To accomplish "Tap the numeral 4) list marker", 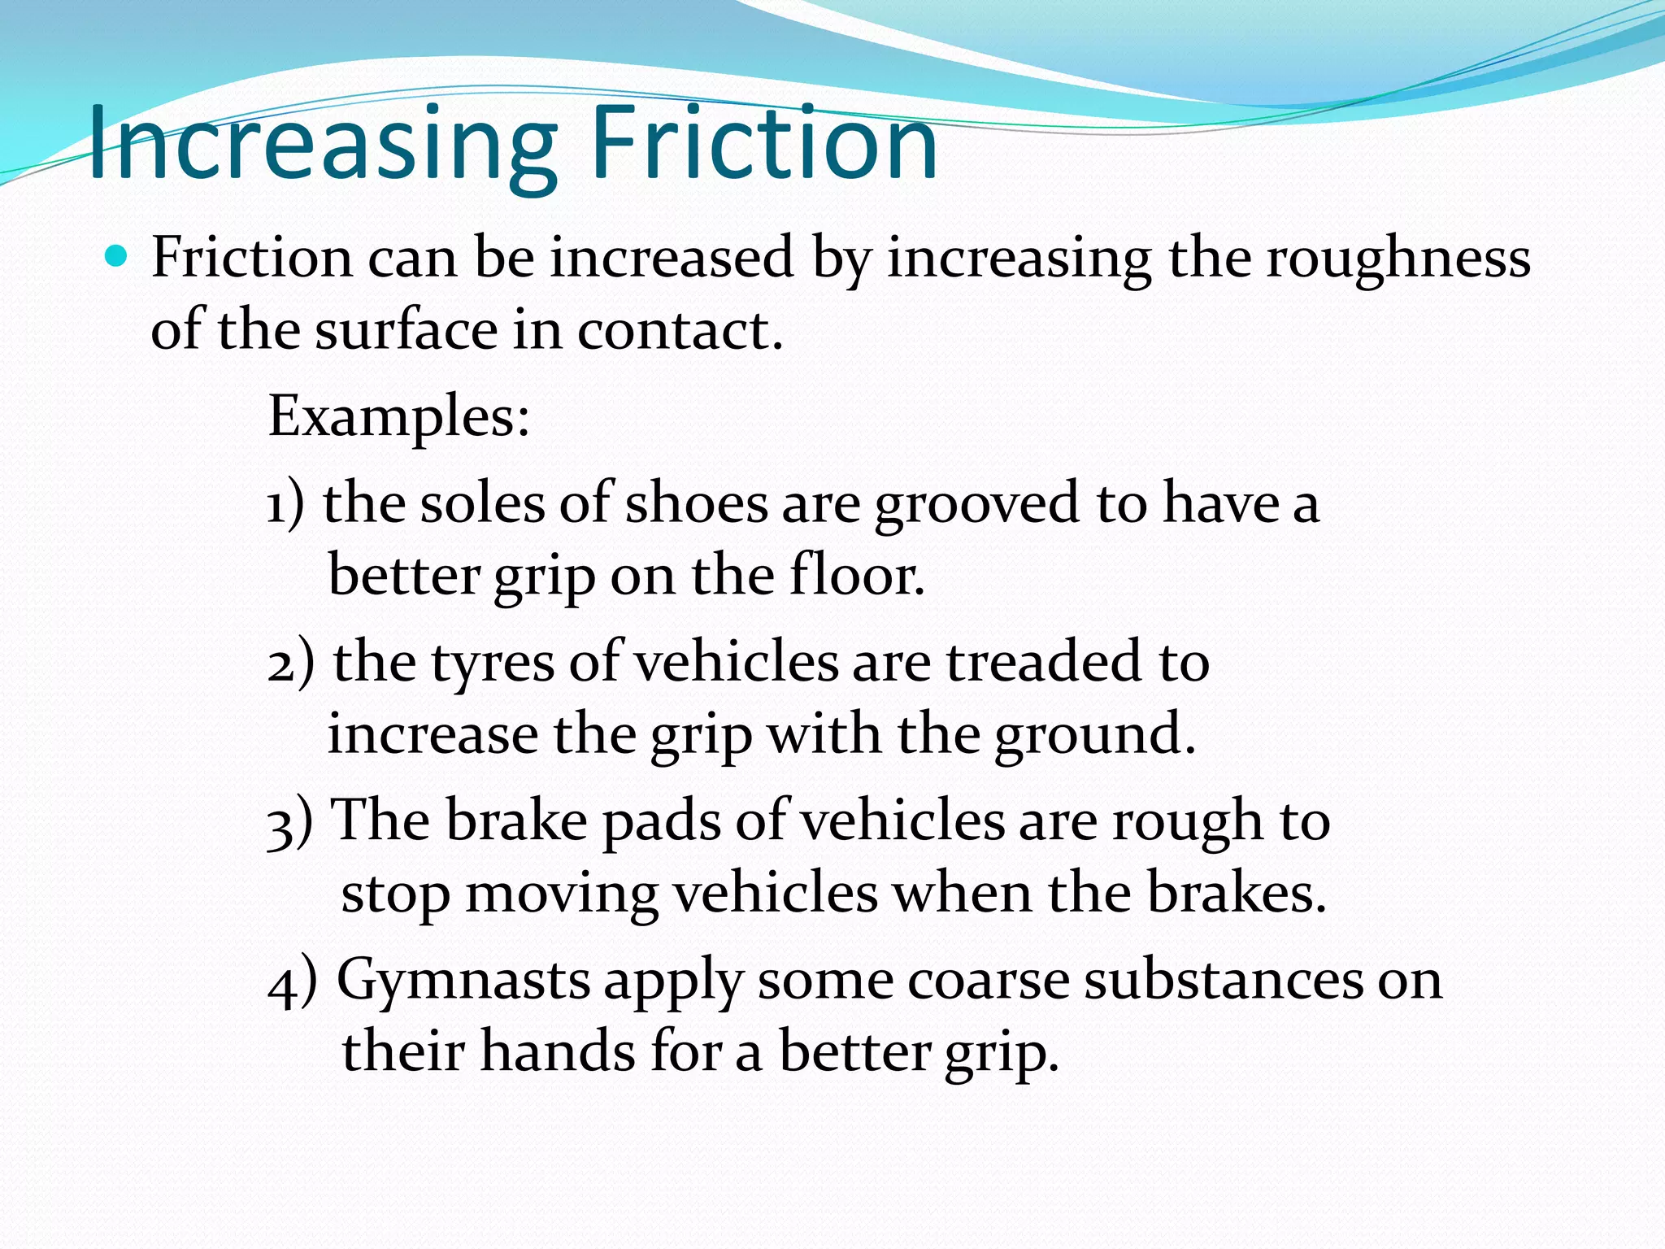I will (x=292, y=982).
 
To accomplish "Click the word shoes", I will (x=696, y=504).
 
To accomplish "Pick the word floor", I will (x=857, y=577).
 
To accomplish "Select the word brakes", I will (x=1236, y=894).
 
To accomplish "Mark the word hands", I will (x=557, y=1053).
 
